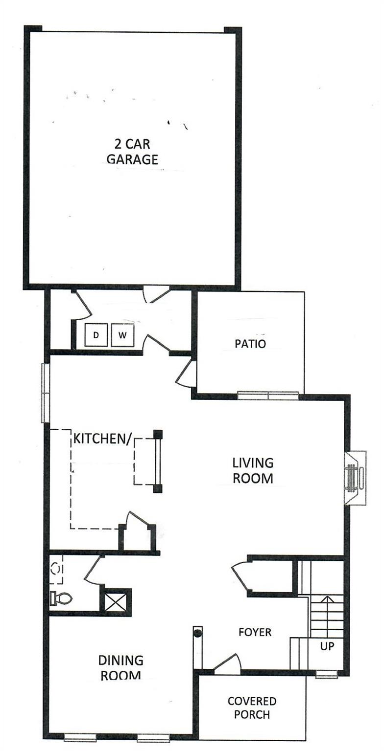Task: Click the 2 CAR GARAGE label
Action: click(x=132, y=152)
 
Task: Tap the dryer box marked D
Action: click(x=96, y=335)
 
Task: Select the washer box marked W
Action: click(x=122, y=335)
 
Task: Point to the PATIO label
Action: click(x=250, y=344)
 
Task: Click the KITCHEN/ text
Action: click(x=102, y=439)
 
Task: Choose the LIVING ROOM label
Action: click(x=253, y=470)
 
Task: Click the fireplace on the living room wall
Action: click(x=353, y=477)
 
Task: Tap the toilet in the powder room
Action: click(x=61, y=597)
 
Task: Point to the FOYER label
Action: click(x=255, y=632)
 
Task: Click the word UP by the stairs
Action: click(x=327, y=646)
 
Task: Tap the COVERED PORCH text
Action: click(x=252, y=708)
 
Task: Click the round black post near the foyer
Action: click(x=198, y=633)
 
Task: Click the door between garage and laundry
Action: click(x=156, y=294)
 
